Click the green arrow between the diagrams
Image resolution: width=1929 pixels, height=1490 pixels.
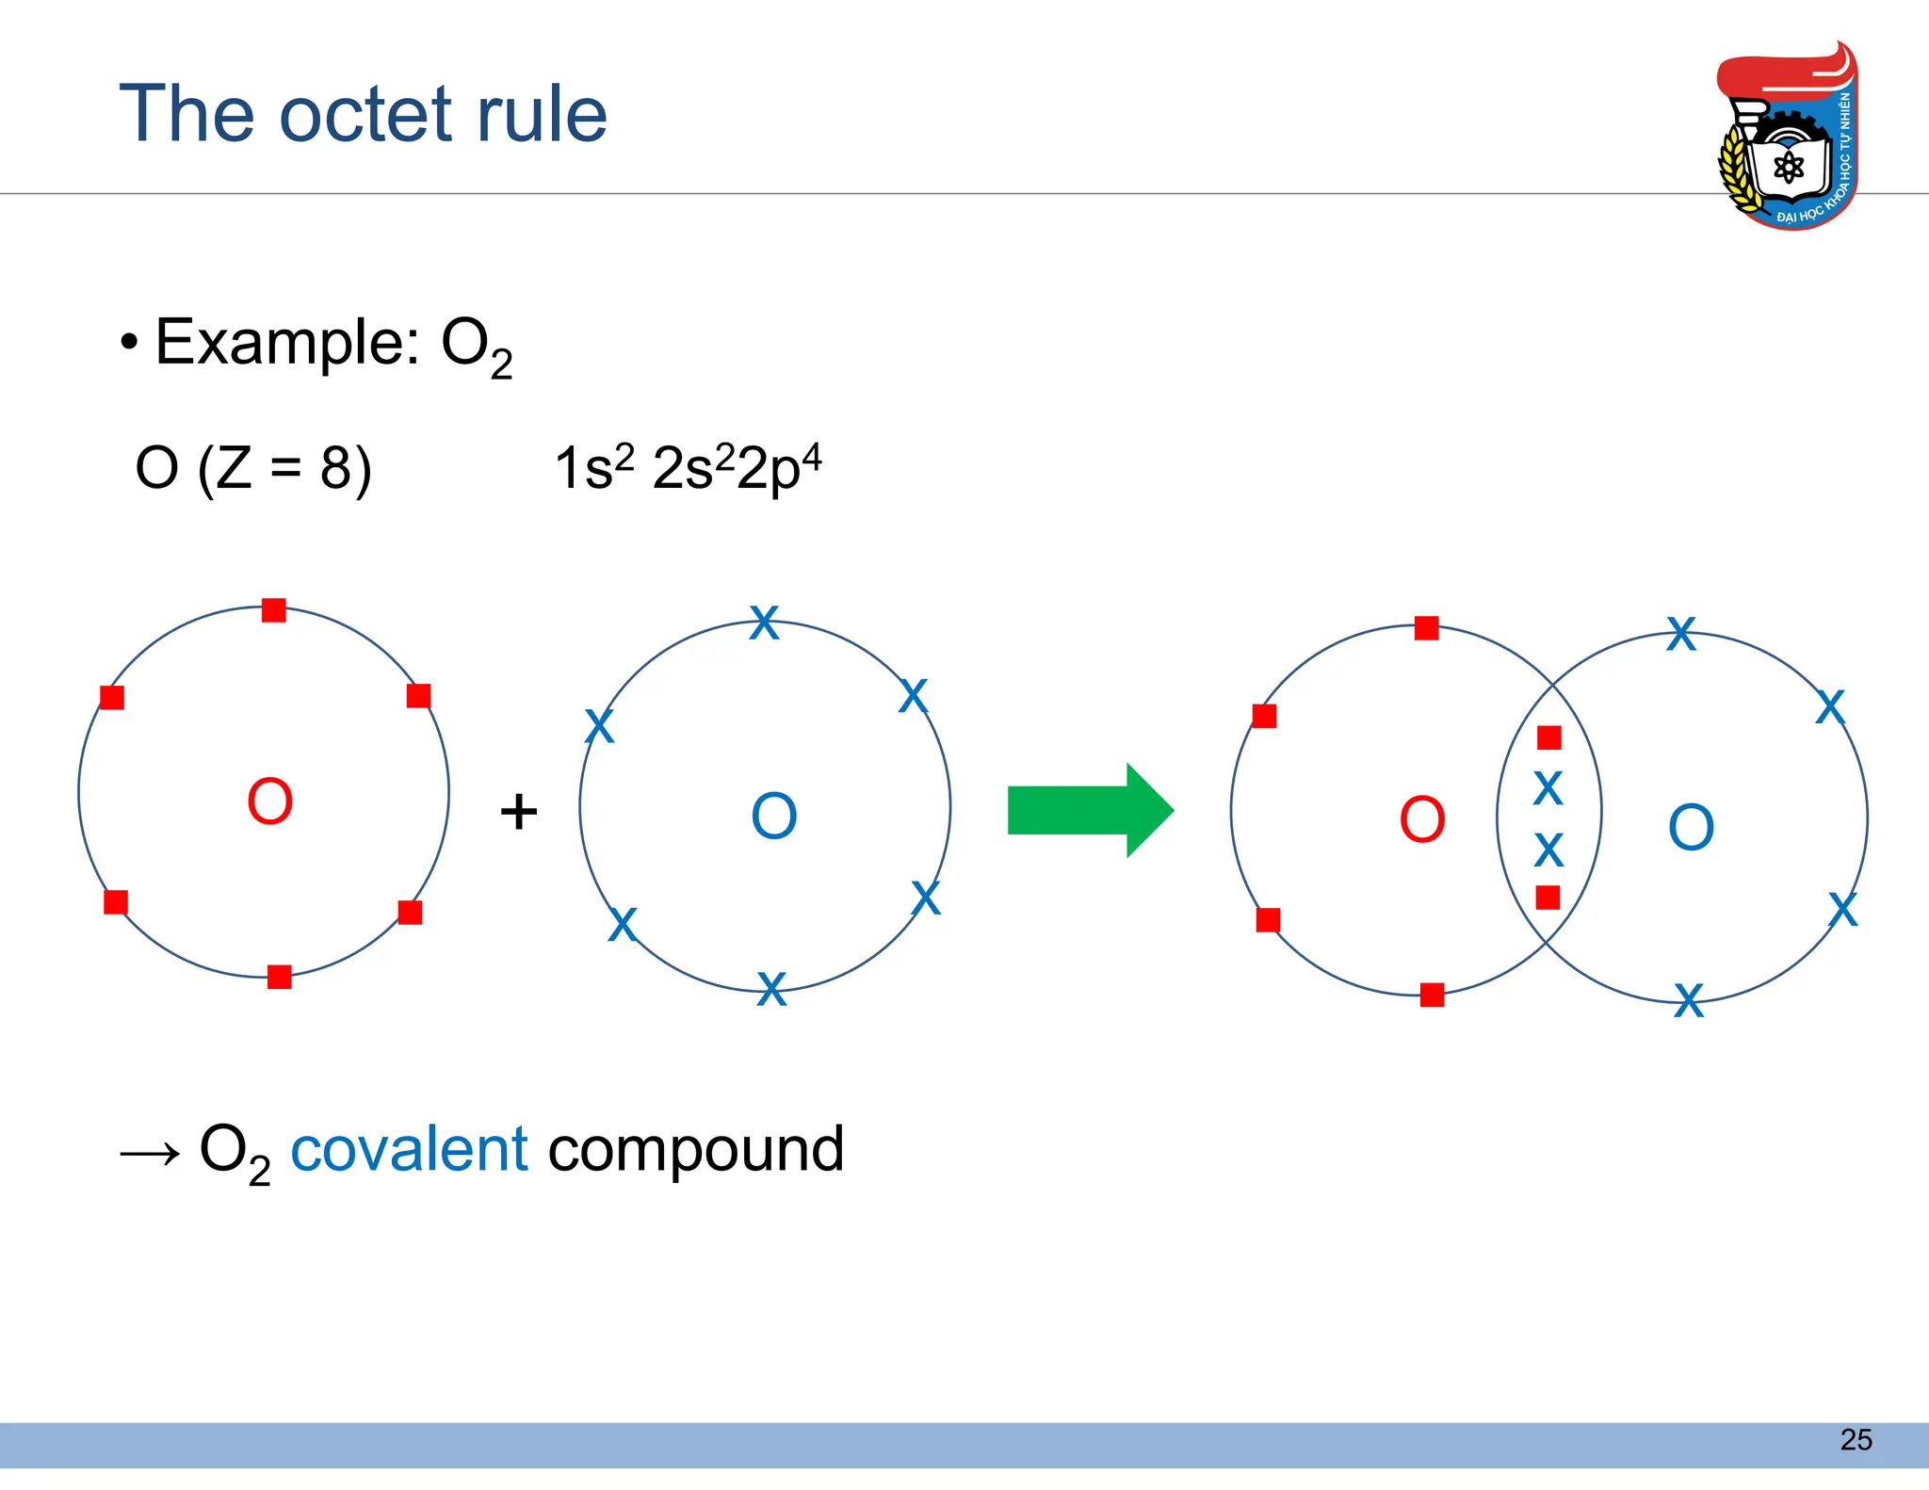coord(1089,810)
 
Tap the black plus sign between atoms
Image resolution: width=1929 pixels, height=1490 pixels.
coord(518,811)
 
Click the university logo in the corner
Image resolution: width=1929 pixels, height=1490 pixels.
coord(1787,136)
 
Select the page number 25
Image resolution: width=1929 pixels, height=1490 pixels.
coord(1856,1439)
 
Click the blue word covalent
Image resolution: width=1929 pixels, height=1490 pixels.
coord(409,1149)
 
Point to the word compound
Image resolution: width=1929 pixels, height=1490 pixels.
coord(695,1151)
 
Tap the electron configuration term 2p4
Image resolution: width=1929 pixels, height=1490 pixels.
coord(778,467)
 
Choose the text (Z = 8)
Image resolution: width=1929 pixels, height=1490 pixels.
coord(284,468)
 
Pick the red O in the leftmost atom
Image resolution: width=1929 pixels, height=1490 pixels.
coord(269,802)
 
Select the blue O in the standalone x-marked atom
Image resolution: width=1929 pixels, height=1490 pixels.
coord(773,816)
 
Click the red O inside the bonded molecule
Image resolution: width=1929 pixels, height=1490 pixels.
coord(1421,819)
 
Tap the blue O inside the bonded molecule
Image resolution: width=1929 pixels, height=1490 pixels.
coord(1691,828)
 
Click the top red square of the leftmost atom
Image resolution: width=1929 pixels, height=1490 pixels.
coord(274,610)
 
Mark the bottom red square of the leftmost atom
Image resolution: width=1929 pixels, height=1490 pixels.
coord(279,977)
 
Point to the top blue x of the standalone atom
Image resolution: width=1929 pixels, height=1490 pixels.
coord(764,623)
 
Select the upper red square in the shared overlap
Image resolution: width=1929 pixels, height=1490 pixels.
coord(1548,737)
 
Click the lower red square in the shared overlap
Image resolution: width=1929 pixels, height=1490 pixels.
coord(1548,898)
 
